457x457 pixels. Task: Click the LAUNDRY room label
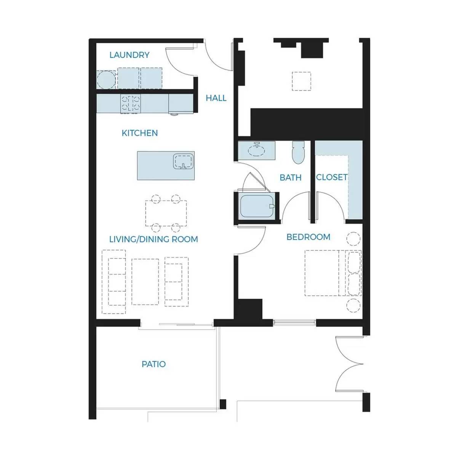[x=129, y=55]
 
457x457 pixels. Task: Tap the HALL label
[x=216, y=98]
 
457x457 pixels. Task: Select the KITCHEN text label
[x=139, y=133]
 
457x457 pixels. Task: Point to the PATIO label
[x=153, y=364]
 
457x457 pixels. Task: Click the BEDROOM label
[x=308, y=237]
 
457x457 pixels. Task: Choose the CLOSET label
[x=332, y=177]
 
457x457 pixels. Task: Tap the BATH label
[x=290, y=177]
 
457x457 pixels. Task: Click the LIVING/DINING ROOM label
[x=153, y=239]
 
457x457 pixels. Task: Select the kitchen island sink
[x=184, y=161]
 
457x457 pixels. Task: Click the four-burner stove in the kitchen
[x=131, y=104]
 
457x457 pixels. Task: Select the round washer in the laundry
[x=106, y=80]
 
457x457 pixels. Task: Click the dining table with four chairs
[x=166, y=213]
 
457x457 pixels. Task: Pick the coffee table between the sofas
[x=145, y=282]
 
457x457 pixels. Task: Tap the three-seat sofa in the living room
[x=114, y=282]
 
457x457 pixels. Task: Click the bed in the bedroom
[x=333, y=273]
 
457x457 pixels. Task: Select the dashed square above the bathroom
[x=301, y=81]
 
